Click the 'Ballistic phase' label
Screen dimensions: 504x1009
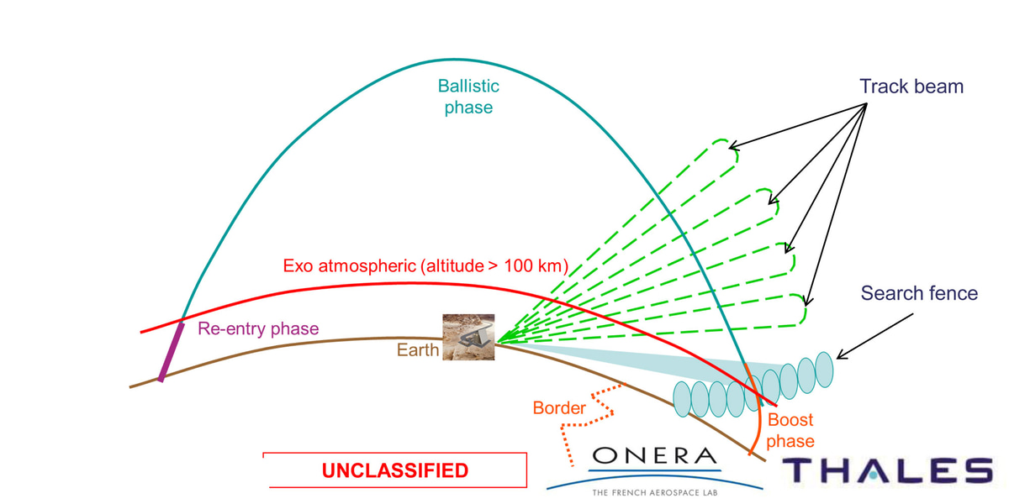coord(468,97)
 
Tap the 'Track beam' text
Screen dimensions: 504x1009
coord(911,87)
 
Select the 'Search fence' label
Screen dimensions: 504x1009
coord(919,293)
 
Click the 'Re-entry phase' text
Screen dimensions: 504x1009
coord(258,328)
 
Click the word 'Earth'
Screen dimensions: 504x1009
coord(418,349)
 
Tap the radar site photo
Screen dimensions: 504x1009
coord(468,337)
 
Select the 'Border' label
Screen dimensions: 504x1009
coord(559,408)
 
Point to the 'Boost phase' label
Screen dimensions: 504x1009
coord(790,430)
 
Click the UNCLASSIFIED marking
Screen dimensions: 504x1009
coord(394,470)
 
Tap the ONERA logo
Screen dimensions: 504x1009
coord(655,458)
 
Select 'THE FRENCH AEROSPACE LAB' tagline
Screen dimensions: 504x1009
coord(655,491)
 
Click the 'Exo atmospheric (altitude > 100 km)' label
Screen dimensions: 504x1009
coord(426,266)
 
